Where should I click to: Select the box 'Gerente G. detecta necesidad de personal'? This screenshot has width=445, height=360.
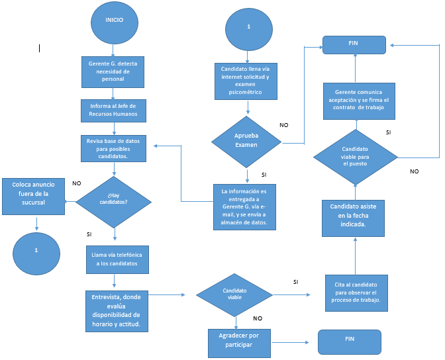[114, 72]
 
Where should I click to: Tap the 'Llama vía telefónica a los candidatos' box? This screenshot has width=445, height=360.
[117, 259]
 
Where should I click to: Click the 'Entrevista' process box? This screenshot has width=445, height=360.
[117, 310]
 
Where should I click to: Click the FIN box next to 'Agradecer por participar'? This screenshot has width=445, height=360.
[350, 341]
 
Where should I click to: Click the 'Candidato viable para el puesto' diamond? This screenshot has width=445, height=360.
[355, 158]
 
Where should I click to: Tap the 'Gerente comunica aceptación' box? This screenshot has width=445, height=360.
[360, 101]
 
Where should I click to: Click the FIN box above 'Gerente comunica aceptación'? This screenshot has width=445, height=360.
[354, 45]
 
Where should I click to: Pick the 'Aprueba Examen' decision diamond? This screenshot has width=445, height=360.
[246, 140]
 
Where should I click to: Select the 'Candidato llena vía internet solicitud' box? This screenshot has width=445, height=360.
[245, 81]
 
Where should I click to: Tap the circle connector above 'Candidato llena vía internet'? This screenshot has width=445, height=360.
[248, 26]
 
